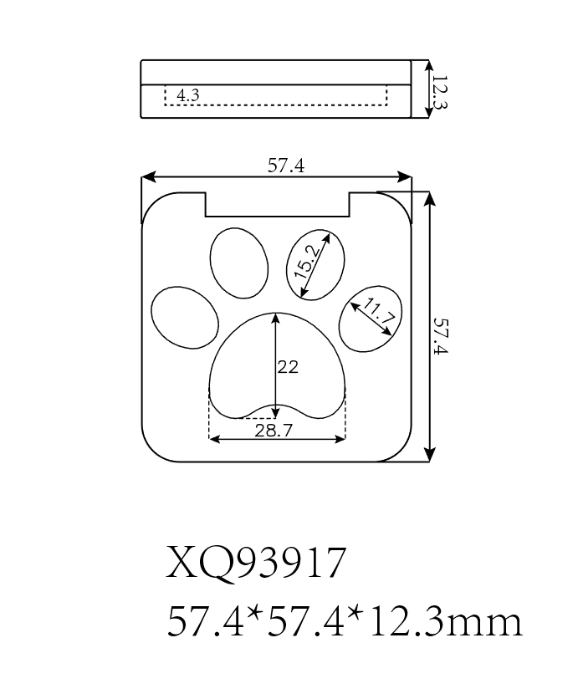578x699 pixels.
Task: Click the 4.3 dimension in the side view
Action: pos(188,95)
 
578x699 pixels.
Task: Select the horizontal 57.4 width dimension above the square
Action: pos(285,166)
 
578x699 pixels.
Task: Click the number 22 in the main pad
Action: pos(288,366)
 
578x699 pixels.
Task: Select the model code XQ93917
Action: pos(256,564)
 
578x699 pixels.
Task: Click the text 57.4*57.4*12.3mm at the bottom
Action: pos(345,622)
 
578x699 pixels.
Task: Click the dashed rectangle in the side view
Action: pos(276,95)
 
